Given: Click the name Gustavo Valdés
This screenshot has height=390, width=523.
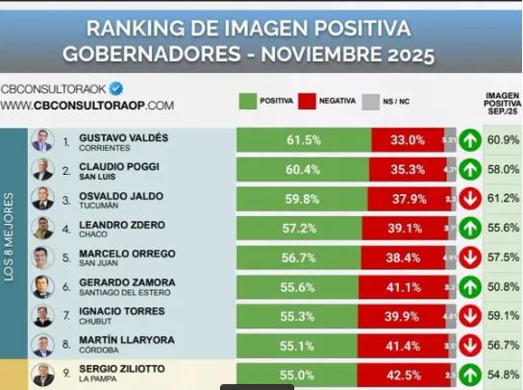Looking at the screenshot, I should click(x=123, y=138).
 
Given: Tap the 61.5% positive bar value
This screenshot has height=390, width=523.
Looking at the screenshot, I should click(x=303, y=140).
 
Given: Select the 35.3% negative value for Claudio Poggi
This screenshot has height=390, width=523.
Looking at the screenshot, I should click(x=407, y=169).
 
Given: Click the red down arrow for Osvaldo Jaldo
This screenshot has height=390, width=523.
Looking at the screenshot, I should click(x=470, y=199).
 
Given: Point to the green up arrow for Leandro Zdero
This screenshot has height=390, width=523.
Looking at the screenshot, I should click(x=470, y=228).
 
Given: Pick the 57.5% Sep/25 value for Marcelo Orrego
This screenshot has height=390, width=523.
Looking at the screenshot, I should click(x=503, y=257).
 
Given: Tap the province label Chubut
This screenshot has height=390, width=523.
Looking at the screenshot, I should click(x=97, y=324).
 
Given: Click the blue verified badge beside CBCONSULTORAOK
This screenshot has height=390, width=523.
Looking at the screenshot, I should click(x=116, y=86).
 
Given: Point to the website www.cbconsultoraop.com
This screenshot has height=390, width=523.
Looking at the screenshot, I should click(x=87, y=105).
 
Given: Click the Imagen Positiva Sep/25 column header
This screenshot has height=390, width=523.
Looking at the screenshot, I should click(x=502, y=104).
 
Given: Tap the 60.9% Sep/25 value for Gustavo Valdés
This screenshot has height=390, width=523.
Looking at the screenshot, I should click(x=503, y=140).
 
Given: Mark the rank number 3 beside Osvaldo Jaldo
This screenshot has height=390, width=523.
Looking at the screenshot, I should click(x=65, y=199).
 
